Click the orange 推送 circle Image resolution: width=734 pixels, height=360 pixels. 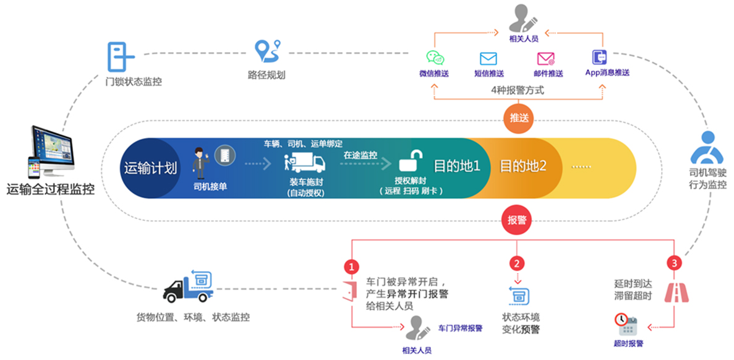point(518,118)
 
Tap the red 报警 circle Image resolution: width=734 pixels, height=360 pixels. point(518,221)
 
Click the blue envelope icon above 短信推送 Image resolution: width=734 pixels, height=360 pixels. point(489,59)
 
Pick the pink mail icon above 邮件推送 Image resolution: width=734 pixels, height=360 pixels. point(545,59)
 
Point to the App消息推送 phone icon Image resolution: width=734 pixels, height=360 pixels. point(600,57)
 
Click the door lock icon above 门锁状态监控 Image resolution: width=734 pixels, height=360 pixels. point(121,58)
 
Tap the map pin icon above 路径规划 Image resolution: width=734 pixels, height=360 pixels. point(268,51)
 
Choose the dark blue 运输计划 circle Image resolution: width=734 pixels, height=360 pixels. point(150,167)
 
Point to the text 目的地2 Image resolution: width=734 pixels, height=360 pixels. point(523,166)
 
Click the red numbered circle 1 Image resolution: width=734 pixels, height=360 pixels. point(351,267)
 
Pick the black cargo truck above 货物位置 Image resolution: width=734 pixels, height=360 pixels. point(187,286)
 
